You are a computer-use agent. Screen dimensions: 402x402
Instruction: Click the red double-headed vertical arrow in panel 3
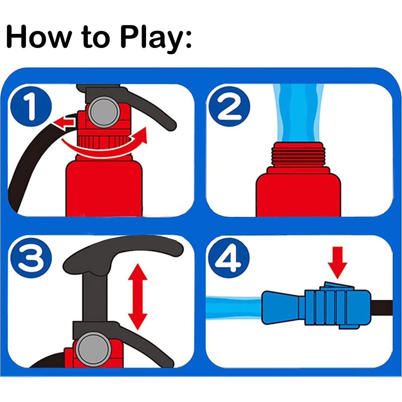(x=138, y=297)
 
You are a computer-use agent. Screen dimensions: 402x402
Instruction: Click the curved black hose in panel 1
(x=35, y=168)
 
